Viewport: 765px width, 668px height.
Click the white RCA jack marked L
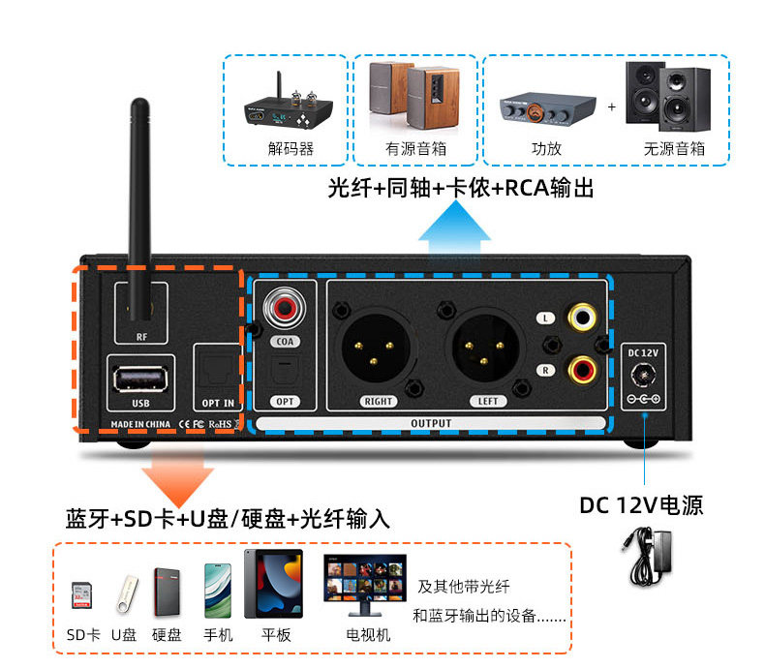(x=584, y=317)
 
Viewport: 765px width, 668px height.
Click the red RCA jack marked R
(x=584, y=369)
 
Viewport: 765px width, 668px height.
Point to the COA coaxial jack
(x=286, y=310)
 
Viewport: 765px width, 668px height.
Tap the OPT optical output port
(x=286, y=373)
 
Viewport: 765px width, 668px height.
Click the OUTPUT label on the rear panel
(x=431, y=423)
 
